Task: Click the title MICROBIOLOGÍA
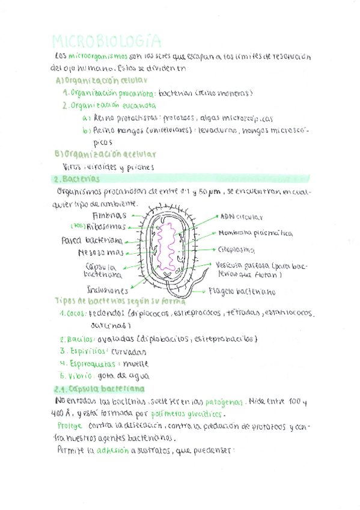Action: coord(106,41)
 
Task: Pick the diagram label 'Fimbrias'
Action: coord(109,215)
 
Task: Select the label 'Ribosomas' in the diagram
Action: coord(106,227)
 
